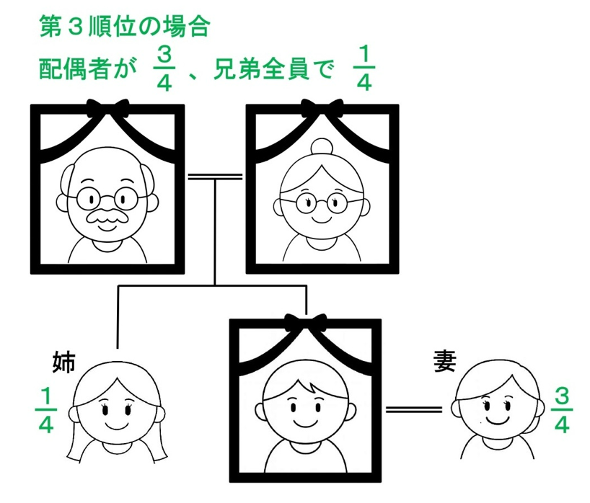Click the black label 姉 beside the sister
point(63,362)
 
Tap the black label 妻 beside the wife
point(445,361)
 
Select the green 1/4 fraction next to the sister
point(45,410)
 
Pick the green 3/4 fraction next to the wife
point(561,410)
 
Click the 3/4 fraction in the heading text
point(164,69)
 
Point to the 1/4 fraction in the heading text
point(364,69)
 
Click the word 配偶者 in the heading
point(74,69)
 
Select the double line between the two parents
point(215,177)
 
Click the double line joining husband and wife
point(414,409)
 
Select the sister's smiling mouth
point(117,424)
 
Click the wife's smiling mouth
point(498,419)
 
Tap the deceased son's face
point(306,401)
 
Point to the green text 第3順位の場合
point(124,27)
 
